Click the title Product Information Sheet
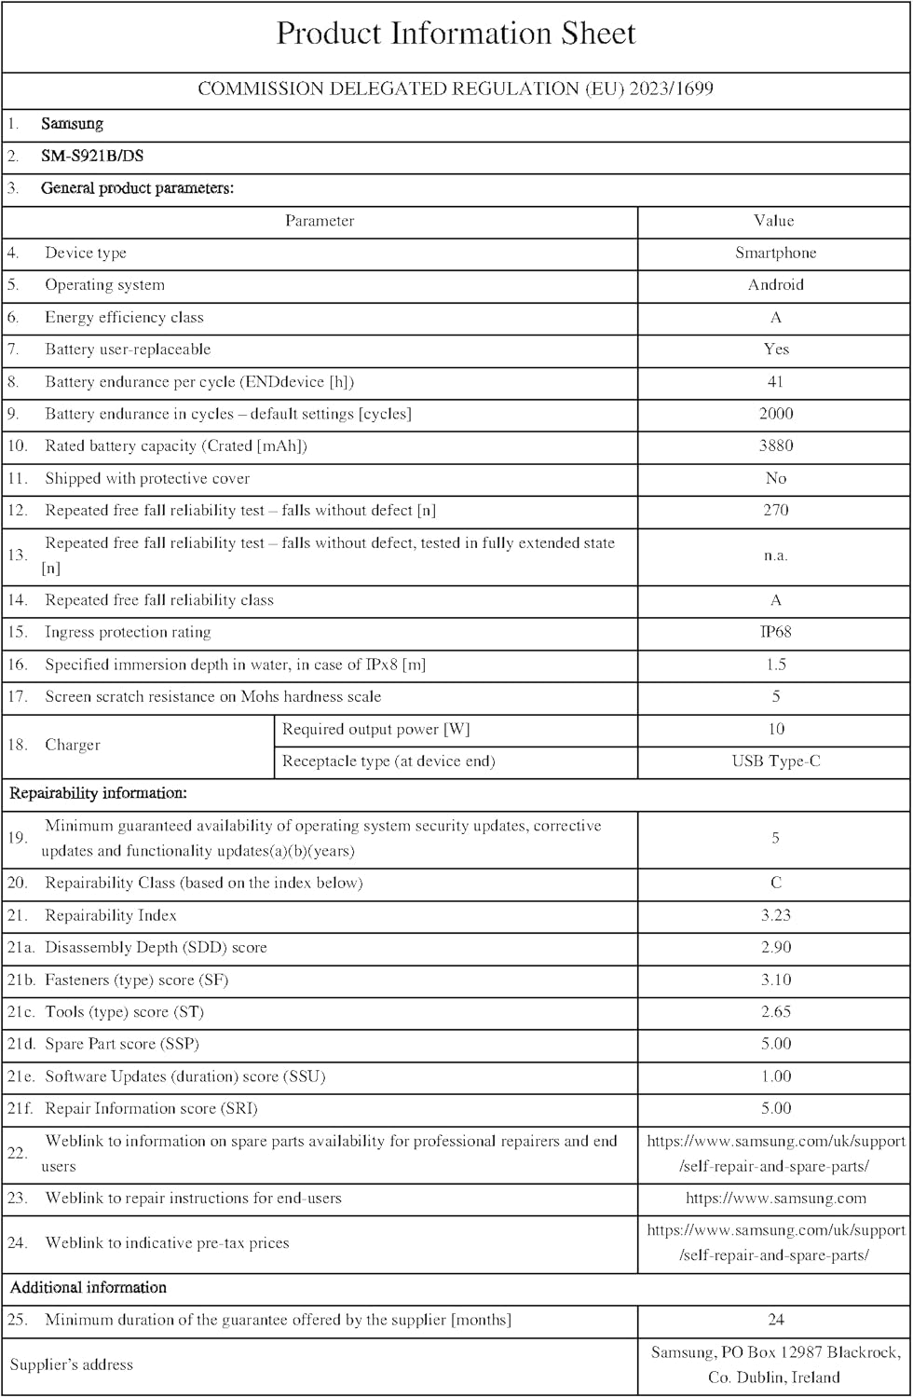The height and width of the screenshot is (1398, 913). (456, 34)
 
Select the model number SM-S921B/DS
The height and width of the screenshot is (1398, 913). (92, 156)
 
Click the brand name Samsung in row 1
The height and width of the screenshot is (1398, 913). (72, 124)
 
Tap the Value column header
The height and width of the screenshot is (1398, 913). (774, 221)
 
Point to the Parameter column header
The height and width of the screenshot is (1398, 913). (320, 221)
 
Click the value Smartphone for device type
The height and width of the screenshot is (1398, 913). (775, 253)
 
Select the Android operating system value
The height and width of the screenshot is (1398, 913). (775, 285)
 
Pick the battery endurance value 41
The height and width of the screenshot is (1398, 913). (775, 381)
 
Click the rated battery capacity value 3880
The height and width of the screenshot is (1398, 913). (775, 445)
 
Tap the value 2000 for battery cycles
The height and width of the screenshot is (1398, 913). (775, 414)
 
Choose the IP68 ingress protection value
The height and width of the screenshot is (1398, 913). (775, 632)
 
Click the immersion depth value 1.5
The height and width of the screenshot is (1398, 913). (775, 665)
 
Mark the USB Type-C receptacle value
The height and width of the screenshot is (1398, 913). (775, 761)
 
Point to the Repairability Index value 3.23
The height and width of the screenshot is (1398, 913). (775, 915)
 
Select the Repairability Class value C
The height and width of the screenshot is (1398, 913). (775, 883)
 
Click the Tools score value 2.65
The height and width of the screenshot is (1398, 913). (775, 1012)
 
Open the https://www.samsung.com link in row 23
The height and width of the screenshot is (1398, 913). (775, 1199)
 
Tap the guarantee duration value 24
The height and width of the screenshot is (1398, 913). (775, 1320)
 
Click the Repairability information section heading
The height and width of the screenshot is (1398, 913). (98, 793)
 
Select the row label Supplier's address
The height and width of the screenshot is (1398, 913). (72, 1364)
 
